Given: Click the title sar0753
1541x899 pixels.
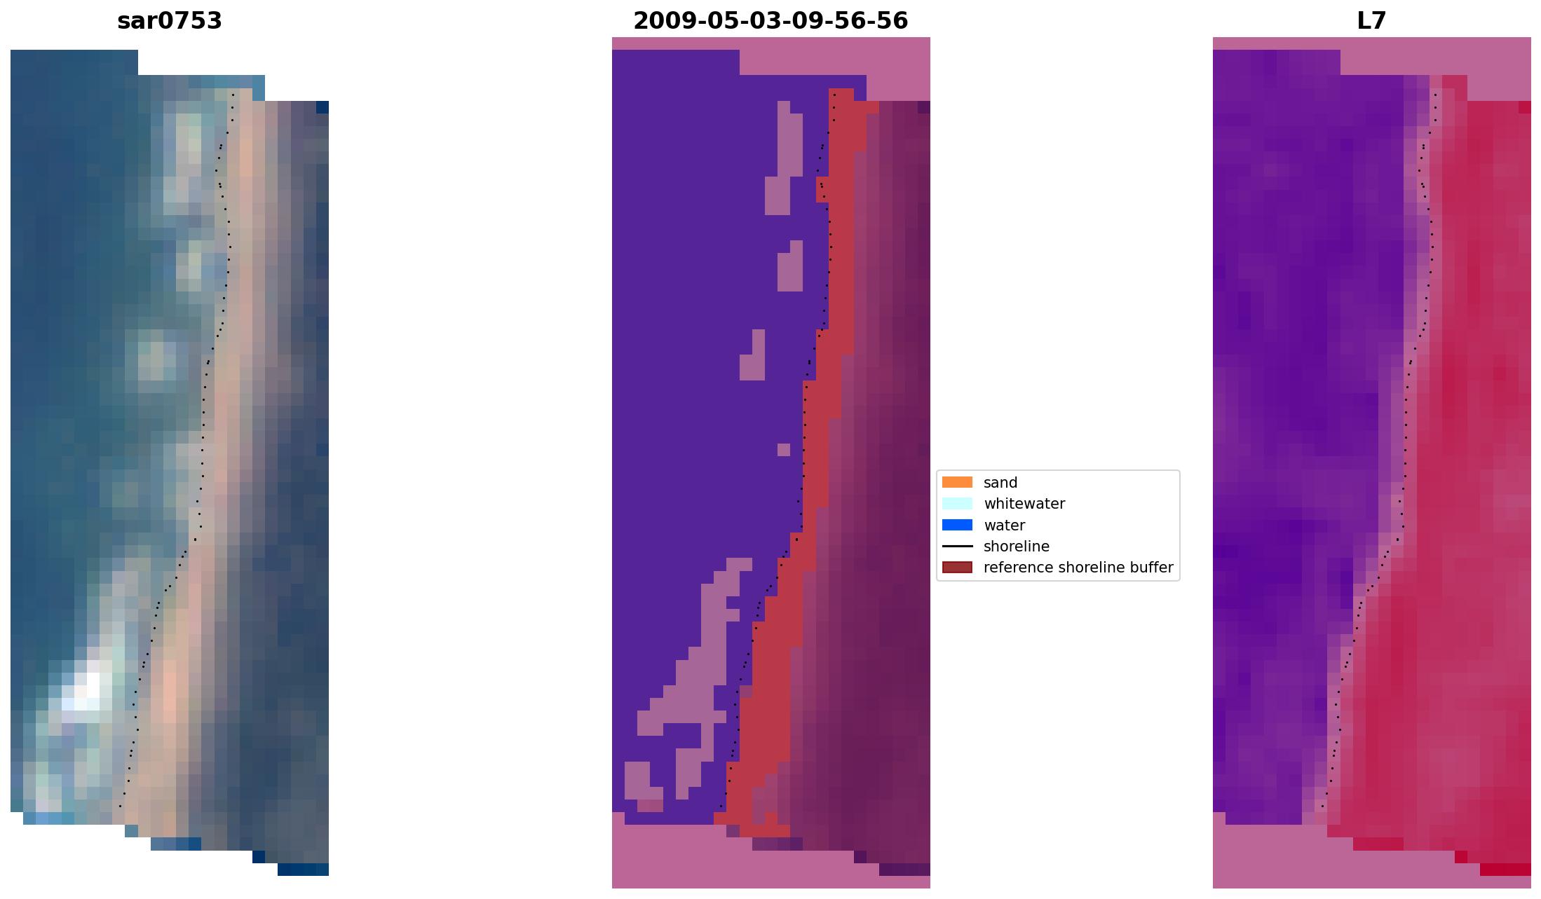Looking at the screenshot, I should pos(170,21).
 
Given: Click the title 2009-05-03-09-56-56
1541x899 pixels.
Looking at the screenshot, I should pos(770,21).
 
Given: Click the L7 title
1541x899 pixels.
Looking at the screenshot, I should pos(1371,21).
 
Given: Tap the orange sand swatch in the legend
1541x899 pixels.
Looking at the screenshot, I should pos(957,482).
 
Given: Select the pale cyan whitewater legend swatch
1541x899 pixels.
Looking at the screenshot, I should pos(957,504).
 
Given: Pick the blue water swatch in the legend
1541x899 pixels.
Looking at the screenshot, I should pos(957,525).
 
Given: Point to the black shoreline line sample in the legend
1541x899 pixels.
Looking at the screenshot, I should pos(957,547).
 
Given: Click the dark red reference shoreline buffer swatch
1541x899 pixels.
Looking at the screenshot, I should pos(957,568).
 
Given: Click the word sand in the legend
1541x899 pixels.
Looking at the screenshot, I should pos(1000,483).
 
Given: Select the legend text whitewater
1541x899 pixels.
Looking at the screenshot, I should pos(1024,504).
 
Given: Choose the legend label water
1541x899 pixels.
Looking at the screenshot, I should pos(1004,526).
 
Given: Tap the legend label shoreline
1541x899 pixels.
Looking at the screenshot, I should pos(1016,547).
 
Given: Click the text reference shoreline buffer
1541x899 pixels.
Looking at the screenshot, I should pos(1078,568).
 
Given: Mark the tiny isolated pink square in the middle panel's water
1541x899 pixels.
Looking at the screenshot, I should pos(784,449).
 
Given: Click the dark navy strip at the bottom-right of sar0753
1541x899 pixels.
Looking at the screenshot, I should pos(303,870).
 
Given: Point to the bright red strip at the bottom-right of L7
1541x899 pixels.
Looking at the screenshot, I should pos(1505,870).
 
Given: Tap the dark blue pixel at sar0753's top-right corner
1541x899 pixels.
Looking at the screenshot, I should pos(323,107).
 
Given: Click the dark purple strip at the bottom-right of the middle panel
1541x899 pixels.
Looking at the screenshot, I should pos(904,870).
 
